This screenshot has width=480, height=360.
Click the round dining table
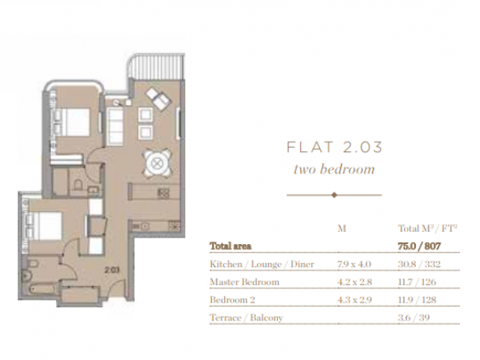[x=157, y=164]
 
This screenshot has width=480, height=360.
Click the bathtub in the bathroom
[x=43, y=289]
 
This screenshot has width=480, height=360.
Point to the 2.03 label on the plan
[x=112, y=270]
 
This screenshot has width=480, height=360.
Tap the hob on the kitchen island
[x=164, y=193]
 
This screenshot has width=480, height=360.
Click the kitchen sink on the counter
[x=141, y=227]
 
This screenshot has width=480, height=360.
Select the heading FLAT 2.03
[x=335, y=147]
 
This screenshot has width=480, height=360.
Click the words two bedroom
[x=334, y=169]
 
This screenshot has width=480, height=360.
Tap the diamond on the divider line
[x=335, y=195]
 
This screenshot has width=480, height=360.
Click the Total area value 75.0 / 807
[x=419, y=246]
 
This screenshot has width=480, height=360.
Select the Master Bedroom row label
[x=244, y=282]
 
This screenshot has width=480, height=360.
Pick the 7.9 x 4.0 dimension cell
[x=354, y=264]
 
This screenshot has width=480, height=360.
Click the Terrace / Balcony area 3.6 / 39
[x=414, y=318]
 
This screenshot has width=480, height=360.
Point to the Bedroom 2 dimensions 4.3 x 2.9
[x=354, y=300]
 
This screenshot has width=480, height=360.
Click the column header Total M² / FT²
[x=427, y=228]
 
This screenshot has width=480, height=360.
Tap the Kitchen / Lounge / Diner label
[x=261, y=264]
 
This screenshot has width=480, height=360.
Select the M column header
[x=342, y=228]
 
